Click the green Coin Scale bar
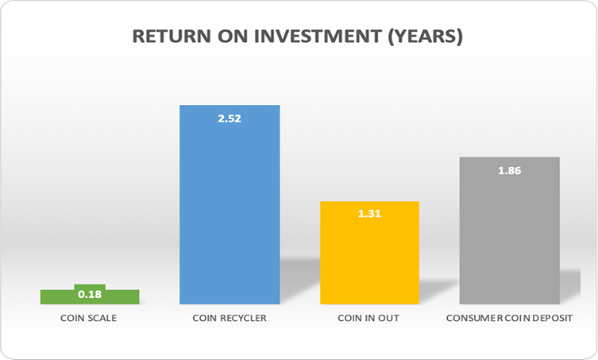(90, 296)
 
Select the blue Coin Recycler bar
(230, 204)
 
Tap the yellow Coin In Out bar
(369, 253)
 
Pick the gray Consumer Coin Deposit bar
(510, 230)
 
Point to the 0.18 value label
(90, 294)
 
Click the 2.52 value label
(230, 118)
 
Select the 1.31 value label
(369, 214)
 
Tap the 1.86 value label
(510, 170)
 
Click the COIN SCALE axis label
(88, 318)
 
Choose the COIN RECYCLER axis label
(230, 318)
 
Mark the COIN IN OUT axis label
(368, 318)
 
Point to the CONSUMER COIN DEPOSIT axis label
(510, 318)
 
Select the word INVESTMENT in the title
(318, 37)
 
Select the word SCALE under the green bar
(102, 318)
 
